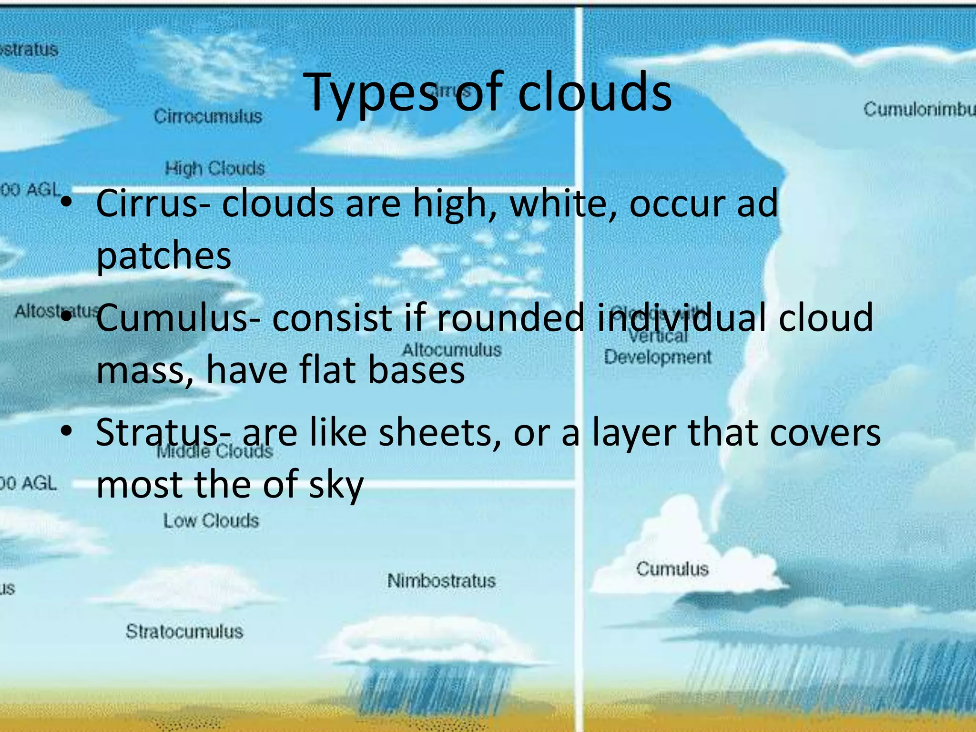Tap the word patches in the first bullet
coord(163,256)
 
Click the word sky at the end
coord(336,485)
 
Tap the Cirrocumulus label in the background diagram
coord(208,116)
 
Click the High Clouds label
coord(214,168)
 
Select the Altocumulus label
coord(452,350)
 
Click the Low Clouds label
coord(211,520)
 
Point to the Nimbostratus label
coord(441,581)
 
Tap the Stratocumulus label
coord(184,631)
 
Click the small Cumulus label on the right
coord(672,569)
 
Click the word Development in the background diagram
coord(658,357)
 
